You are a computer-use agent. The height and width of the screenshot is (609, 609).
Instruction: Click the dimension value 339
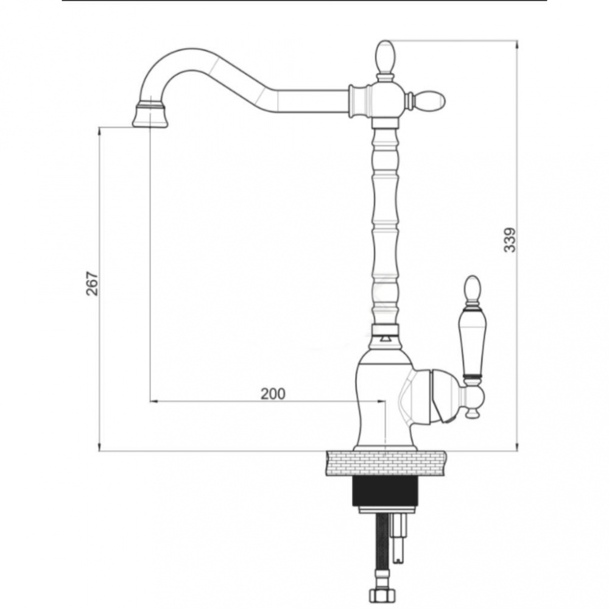[x=510, y=240]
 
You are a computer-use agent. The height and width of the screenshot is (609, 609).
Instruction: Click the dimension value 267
[x=92, y=284]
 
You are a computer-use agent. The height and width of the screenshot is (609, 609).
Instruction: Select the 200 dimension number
[x=273, y=393]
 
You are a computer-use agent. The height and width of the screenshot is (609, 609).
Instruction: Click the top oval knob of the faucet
[x=385, y=57]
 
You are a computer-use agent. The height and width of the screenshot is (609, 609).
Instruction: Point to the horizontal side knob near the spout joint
[x=428, y=100]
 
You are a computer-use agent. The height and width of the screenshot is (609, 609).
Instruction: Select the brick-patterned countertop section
[x=386, y=463]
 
